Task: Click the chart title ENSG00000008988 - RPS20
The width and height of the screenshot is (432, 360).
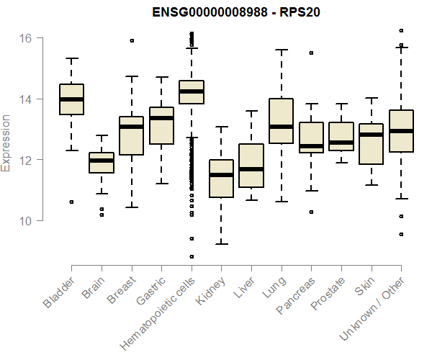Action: point(235,12)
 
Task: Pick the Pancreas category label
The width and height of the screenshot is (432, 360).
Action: point(294,296)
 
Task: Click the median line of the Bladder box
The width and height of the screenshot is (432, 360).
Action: point(71,99)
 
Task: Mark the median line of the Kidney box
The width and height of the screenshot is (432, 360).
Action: point(221,175)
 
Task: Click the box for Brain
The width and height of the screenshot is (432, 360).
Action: point(102,163)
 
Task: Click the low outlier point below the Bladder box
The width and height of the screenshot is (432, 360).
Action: point(71,202)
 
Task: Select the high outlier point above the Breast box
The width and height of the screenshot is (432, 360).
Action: point(132,40)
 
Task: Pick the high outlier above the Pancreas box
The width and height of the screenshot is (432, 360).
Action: point(311,53)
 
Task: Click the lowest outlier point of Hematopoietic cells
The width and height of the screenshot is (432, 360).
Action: point(192,256)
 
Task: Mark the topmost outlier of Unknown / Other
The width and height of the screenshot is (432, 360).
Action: point(401,30)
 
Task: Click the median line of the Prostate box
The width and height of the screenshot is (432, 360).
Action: point(341,143)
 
